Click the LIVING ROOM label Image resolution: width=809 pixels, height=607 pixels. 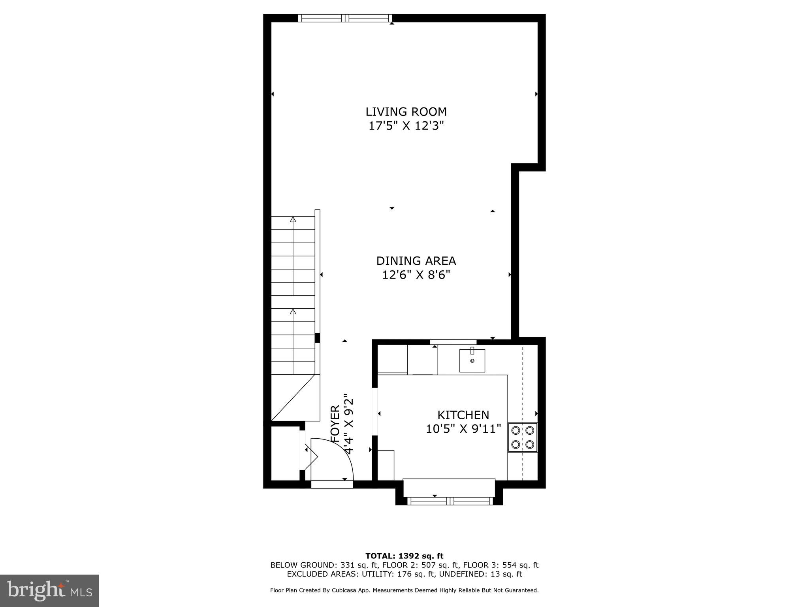click(x=406, y=112)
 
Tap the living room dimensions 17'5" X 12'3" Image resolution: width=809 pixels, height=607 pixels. click(x=406, y=126)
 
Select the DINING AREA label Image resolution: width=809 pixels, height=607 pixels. click(x=416, y=261)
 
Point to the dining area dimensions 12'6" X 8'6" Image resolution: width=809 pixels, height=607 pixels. click(x=416, y=275)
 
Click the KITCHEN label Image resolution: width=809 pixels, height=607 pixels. click(x=463, y=415)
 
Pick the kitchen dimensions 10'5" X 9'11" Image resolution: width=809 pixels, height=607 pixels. click(x=463, y=429)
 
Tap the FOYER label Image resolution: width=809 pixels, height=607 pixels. click(x=335, y=424)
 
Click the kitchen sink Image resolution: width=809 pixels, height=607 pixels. click(x=472, y=360)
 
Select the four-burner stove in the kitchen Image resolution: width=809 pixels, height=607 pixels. click(x=522, y=437)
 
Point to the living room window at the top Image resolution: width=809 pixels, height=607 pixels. click(x=345, y=18)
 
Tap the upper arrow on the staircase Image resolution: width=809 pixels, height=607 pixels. click(x=293, y=220)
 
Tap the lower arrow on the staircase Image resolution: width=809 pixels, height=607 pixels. click(x=293, y=312)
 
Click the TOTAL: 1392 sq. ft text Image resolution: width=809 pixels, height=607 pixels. click(x=404, y=556)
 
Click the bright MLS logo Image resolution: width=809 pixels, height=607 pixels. click(x=49, y=590)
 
